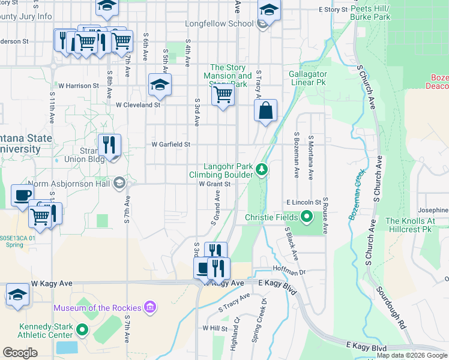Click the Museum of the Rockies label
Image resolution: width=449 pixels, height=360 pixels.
pyautogui.click(x=97, y=308)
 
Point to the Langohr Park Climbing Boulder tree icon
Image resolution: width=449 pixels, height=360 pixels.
pyautogui.click(x=261, y=170)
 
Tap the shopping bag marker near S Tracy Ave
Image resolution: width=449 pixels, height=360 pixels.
pyautogui.click(x=265, y=111)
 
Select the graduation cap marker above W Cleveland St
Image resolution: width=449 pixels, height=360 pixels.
pyautogui.click(x=160, y=85)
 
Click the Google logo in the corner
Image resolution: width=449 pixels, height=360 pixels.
pyautogui.click(x=20, y=352)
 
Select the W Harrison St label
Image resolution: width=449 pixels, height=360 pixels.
pyautogui.click(x=78, y=86)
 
